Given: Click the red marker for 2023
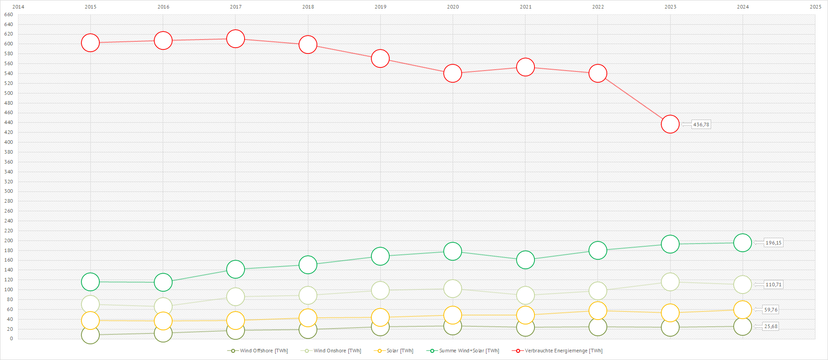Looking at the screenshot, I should pyautogui.click(x=670, y=124).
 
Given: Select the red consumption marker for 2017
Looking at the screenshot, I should pyautogui.click(x=236, y=39).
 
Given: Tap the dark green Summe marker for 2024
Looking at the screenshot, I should pyautogui.click(x=743, y=243).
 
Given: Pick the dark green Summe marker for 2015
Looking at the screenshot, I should pyautogui.click(x=90, y=282).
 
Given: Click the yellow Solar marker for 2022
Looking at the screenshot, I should pyautogui.click(x=598, y=311).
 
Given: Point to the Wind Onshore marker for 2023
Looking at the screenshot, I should pyautogui.click(x=670, y=282).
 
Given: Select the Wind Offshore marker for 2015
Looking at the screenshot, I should pyautogui.click(x=90, y=335).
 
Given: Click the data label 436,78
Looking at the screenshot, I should pyautogui.click(x=701, y=124).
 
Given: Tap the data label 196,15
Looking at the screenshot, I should pyautogui.click(x=773, y=243).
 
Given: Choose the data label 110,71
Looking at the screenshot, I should pyautogui.click(x=773, y=284).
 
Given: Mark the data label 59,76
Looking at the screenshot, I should pyautogui.click(x=770, y=310).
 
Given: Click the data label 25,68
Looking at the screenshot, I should pyautogui.click(x=770, y=326).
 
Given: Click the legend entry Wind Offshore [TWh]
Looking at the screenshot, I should pyautogui.click(x=263, y=351).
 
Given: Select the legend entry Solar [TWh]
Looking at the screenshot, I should pyautogui.click(x=400, y=351).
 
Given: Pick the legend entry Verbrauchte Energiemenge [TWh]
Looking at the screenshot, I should pyautogui.click(x=563, y=351).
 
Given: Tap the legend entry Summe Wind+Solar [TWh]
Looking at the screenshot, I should pyautogui.click(x=469, y=351).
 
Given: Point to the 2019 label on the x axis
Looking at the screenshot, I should pyautogui.click(x=380, y=7).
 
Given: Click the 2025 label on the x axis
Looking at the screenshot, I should pyautogui.click(x=815, y=7).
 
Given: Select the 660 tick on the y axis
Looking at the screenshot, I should pyautogui.click(x=9, y=14).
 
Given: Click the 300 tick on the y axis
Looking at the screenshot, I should pyautogui.click(x=9, y=191).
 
